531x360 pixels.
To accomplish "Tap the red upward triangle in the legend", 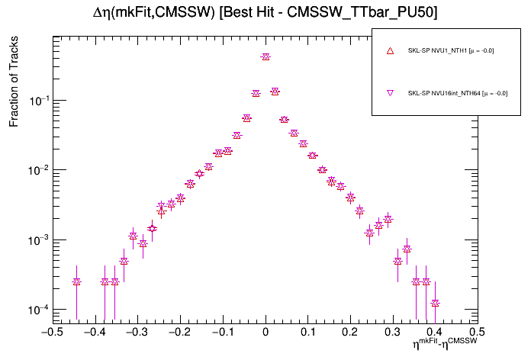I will (390, 51).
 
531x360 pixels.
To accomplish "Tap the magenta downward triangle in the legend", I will (390, 93).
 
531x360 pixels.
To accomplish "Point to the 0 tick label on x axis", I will (265, 333).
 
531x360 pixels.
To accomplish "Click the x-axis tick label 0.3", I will (392, 333).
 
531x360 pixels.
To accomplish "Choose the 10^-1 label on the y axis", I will (36, 100).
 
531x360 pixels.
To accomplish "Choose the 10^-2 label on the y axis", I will (36, 170).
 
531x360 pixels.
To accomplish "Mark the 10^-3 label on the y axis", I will (36, 239).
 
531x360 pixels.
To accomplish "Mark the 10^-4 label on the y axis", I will (36, 310).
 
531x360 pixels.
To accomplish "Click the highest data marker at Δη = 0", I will (265, 56).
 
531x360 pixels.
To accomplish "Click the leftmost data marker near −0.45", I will (76, 281).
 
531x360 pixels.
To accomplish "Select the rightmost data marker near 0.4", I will (435, 303).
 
